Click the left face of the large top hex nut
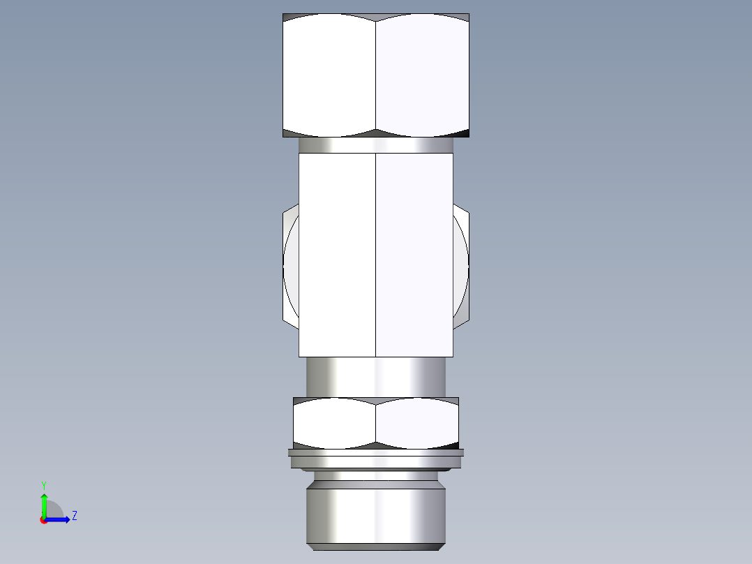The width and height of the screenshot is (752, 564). (x=329, y=75)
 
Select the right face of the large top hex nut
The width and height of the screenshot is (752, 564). (x=422, y=75)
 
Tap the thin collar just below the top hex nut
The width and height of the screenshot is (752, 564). (x=375, y=145)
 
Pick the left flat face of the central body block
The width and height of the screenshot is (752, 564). (x=337, y=255)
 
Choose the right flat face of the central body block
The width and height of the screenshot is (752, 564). (x=414, y=255)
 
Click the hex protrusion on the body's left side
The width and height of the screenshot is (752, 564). (x=290, y=265)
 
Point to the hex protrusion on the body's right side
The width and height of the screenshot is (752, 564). (x=461, y=265)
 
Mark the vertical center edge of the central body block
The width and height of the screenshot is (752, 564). (x=376, y=255)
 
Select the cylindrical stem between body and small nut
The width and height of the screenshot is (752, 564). (x=375, y=377)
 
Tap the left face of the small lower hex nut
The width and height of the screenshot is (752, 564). (x=334, y=423)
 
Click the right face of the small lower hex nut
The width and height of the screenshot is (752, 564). (x=417, y=423)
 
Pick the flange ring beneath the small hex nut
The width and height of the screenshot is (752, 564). (x=375, y=457)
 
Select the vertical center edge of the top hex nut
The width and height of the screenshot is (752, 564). (x=376, y=75)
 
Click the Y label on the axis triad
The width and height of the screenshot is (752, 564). (x=43, y=484)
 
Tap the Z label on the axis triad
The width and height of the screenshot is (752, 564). (x=74, y=516)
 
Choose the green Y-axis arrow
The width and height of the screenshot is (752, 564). (x=44, y=504)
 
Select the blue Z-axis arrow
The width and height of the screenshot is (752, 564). (x=59, y=519)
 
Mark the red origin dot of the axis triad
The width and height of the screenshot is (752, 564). (x=44, y=520)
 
